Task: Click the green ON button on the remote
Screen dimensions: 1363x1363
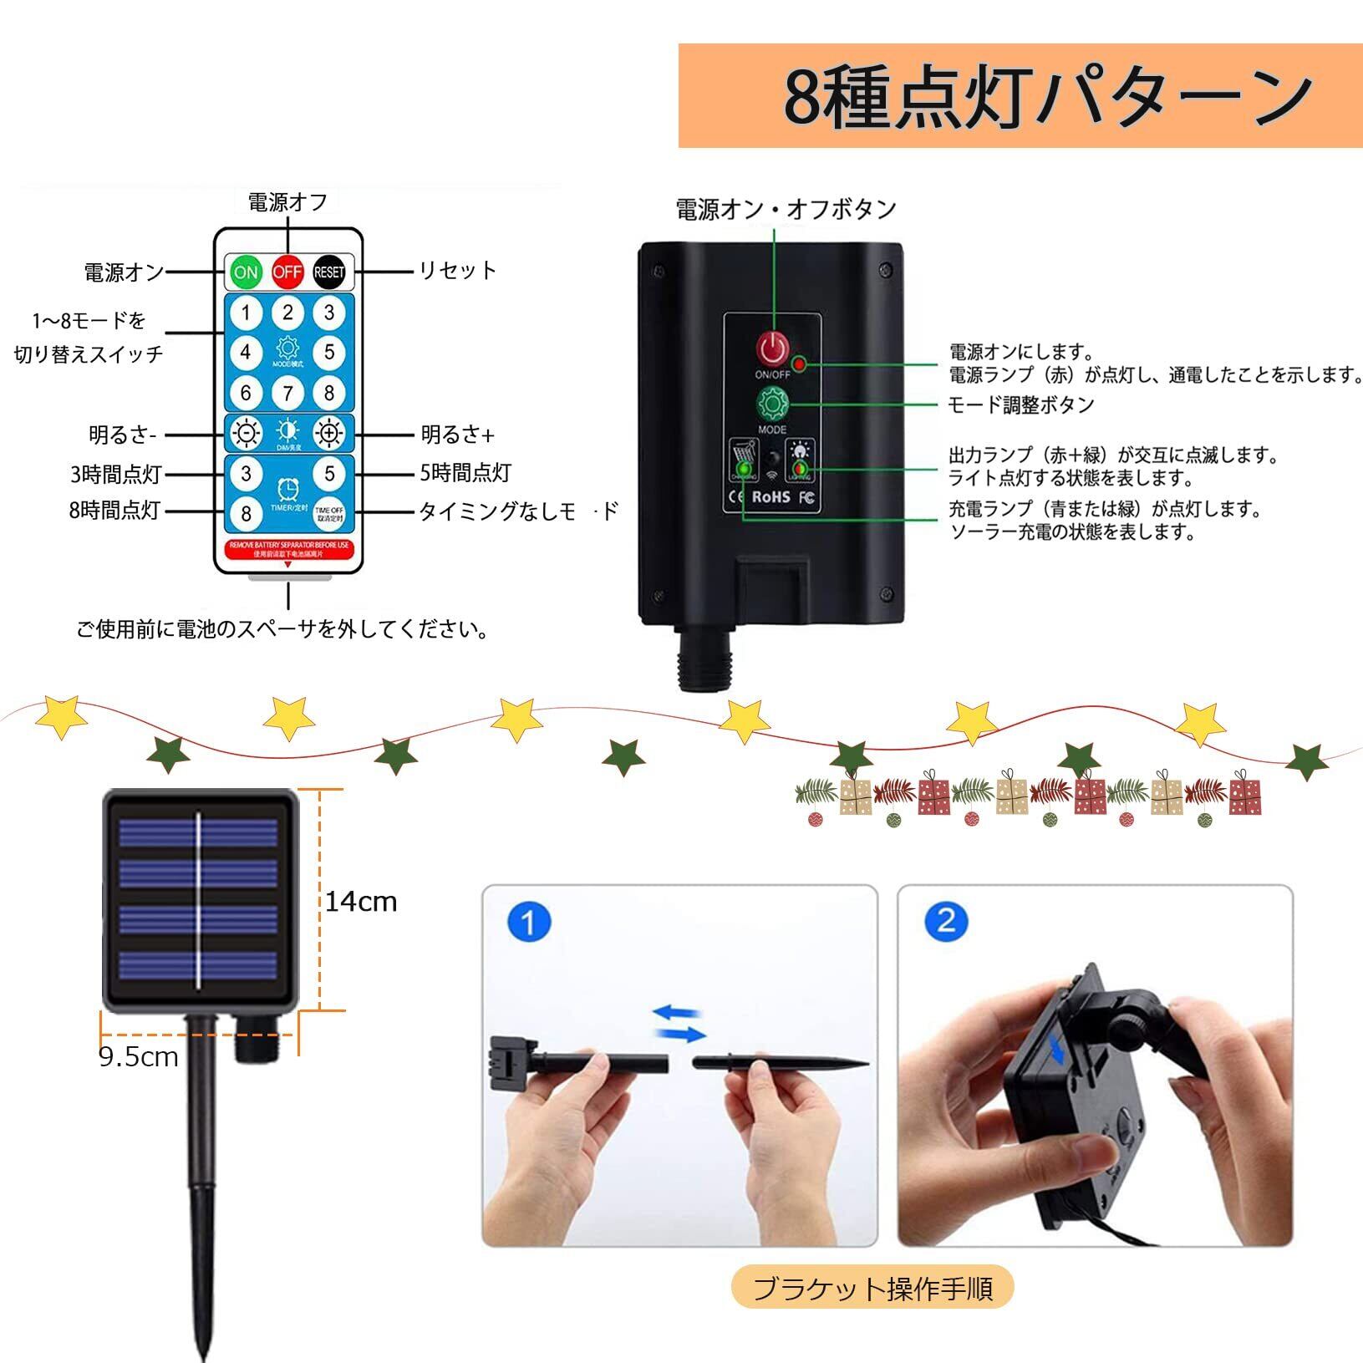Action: tap(246, 272)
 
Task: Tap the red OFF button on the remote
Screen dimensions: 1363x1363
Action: tap(287, 272)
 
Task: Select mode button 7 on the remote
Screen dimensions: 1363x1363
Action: tap(287, 393)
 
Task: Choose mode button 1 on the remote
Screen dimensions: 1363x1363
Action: tap(246, 313)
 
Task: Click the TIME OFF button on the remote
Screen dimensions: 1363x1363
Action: tap(329, 512)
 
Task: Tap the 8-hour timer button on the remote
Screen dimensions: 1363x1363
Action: tap(246, 512)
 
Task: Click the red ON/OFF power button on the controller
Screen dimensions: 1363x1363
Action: tap(773, 348)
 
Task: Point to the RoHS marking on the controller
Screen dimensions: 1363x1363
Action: tap(771, 496)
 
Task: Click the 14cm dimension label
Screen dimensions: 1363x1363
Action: tap(361, 902)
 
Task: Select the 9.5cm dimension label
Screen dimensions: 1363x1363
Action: tap(139, 1057)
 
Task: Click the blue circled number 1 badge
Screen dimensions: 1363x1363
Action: tap(529, 923)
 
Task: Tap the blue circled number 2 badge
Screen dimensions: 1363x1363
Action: tap(946, 921)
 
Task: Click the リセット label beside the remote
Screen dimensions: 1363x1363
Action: tap(457, 270)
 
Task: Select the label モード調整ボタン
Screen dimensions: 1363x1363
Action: tap(1021, 404)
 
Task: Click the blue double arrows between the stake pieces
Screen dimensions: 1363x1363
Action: tap(679, 1023)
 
